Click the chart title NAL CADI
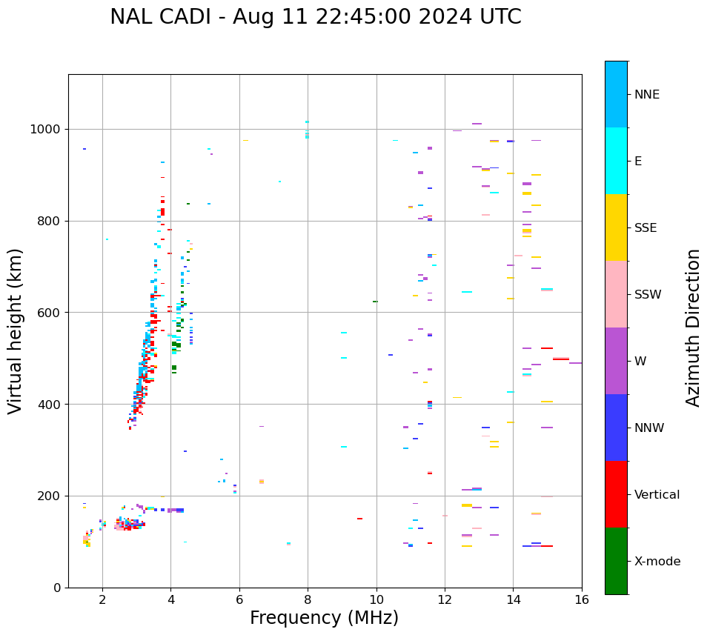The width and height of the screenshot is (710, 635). click(x=315, y=17)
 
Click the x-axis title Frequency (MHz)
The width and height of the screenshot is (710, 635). click(x=324, y=618)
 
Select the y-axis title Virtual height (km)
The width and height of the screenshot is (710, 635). click(x=16, y=331)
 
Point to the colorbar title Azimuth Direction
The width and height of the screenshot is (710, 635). click(x=693, y=328)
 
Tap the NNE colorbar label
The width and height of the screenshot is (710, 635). click(x=647, y=95)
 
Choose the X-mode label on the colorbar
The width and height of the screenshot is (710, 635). click(x=657, y=562)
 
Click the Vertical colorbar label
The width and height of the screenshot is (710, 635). click(x=657, y=495)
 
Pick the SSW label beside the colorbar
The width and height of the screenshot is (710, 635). click(x=648, y=295)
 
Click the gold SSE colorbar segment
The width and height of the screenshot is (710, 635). click(x=616, y=227)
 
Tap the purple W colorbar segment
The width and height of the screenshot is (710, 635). click(x=616, y=361)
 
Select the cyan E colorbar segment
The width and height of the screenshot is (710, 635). click(x=616, y=161)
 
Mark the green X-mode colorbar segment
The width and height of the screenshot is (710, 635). click(x=616, y=561)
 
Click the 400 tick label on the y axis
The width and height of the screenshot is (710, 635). click(x=50, y=405)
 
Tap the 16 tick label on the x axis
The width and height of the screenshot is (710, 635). click(x=582, y=599)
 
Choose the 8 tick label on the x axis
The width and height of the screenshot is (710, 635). click(x=308, y=599)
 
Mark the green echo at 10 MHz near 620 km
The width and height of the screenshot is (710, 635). click(x=375, y=302)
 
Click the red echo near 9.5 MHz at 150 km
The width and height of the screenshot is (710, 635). click(x=359, y=519)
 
